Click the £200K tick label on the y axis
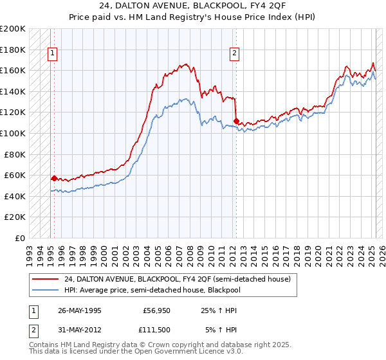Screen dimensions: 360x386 click(13, 29)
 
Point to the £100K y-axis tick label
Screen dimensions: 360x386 click(13, 133)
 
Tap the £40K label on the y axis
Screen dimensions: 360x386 click(15, 196)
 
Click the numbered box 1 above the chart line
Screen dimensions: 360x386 click(51, 53)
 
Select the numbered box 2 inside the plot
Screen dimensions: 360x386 click(234, 53)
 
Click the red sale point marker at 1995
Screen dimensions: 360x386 click(54, 178)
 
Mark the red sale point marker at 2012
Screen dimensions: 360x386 click(237, 121)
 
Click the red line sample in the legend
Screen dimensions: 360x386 click(46, 279)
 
